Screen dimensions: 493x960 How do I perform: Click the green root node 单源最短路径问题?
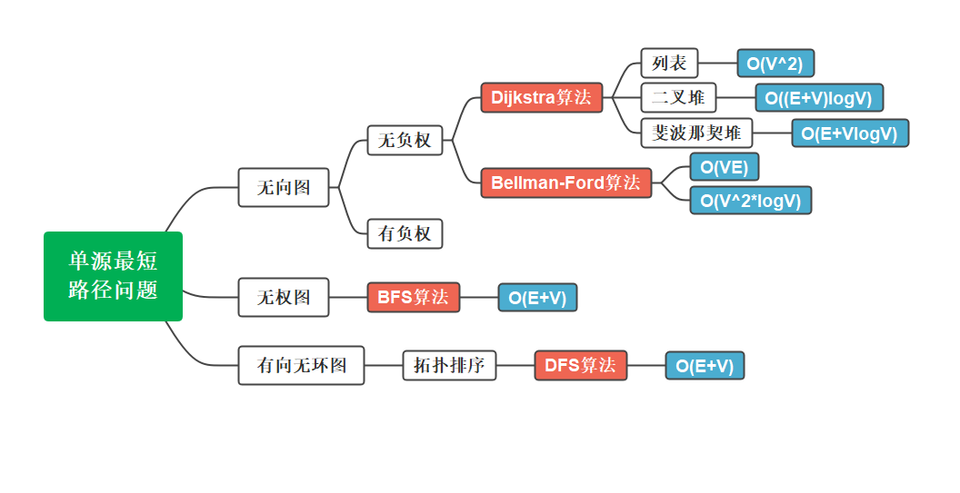tap(113, 276)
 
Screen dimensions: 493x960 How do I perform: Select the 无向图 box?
tap(283, 187)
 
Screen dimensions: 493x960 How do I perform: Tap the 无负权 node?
tap(405, 141)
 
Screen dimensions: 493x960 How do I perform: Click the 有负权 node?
tap(405, 233)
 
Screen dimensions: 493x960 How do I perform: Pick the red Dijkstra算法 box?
tap(541, 97)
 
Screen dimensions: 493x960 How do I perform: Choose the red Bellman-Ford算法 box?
tap(565, 182)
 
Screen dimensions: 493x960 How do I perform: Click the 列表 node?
tap(669, 64)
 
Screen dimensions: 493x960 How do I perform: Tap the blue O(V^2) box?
tap(775, 64)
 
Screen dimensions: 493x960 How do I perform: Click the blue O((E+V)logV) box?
tap(818, 98)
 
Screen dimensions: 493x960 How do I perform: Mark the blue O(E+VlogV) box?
tap(849, 133)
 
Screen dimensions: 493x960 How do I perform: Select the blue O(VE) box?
tap(724, 167)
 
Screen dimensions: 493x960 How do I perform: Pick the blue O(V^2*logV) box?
tap(750, 201)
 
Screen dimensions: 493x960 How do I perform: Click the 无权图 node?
tap(283, 297)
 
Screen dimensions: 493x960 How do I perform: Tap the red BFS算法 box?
tap(413, 297)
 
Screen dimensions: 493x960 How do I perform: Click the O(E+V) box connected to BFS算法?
tap(536, 298)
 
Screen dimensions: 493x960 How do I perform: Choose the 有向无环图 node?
tap(301, 366)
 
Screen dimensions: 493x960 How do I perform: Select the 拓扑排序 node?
tap(449, 366)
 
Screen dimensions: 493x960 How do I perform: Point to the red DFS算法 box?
tap(580, 365)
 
